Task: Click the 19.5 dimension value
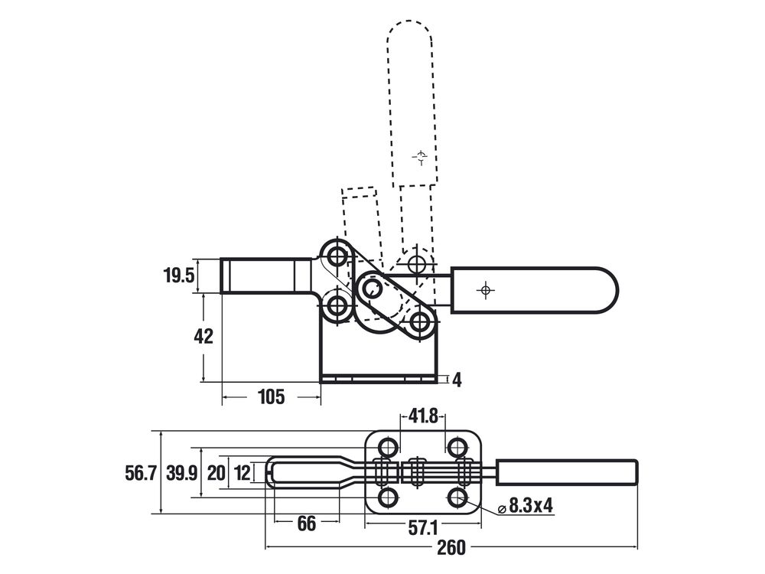point(178,276)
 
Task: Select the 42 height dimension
point(203,336)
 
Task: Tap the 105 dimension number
point(271,397)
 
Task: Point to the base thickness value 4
point(457,380)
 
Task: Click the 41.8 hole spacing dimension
point(423,416)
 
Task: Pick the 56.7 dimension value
point(141,473)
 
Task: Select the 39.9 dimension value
point(181,473)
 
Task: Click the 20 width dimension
point(216,473)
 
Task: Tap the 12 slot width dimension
point(243,473)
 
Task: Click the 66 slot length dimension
point(307,523)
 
